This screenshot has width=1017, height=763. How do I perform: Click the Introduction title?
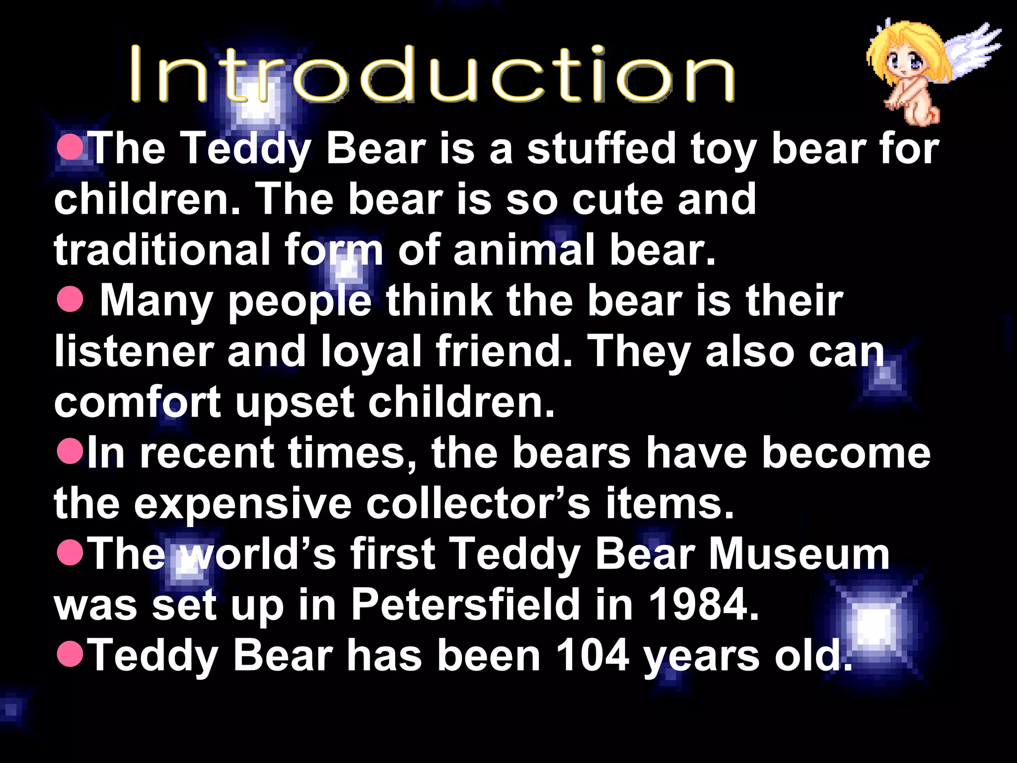point(432,75)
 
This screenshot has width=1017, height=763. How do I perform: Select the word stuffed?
point(601,149)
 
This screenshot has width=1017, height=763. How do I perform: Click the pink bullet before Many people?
point(70,300)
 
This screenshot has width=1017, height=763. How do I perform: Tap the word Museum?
point(799,554)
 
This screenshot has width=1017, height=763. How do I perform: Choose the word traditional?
point(162,249)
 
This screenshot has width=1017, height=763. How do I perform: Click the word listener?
point(134,351)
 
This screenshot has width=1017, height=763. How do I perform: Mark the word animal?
point(524,249)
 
